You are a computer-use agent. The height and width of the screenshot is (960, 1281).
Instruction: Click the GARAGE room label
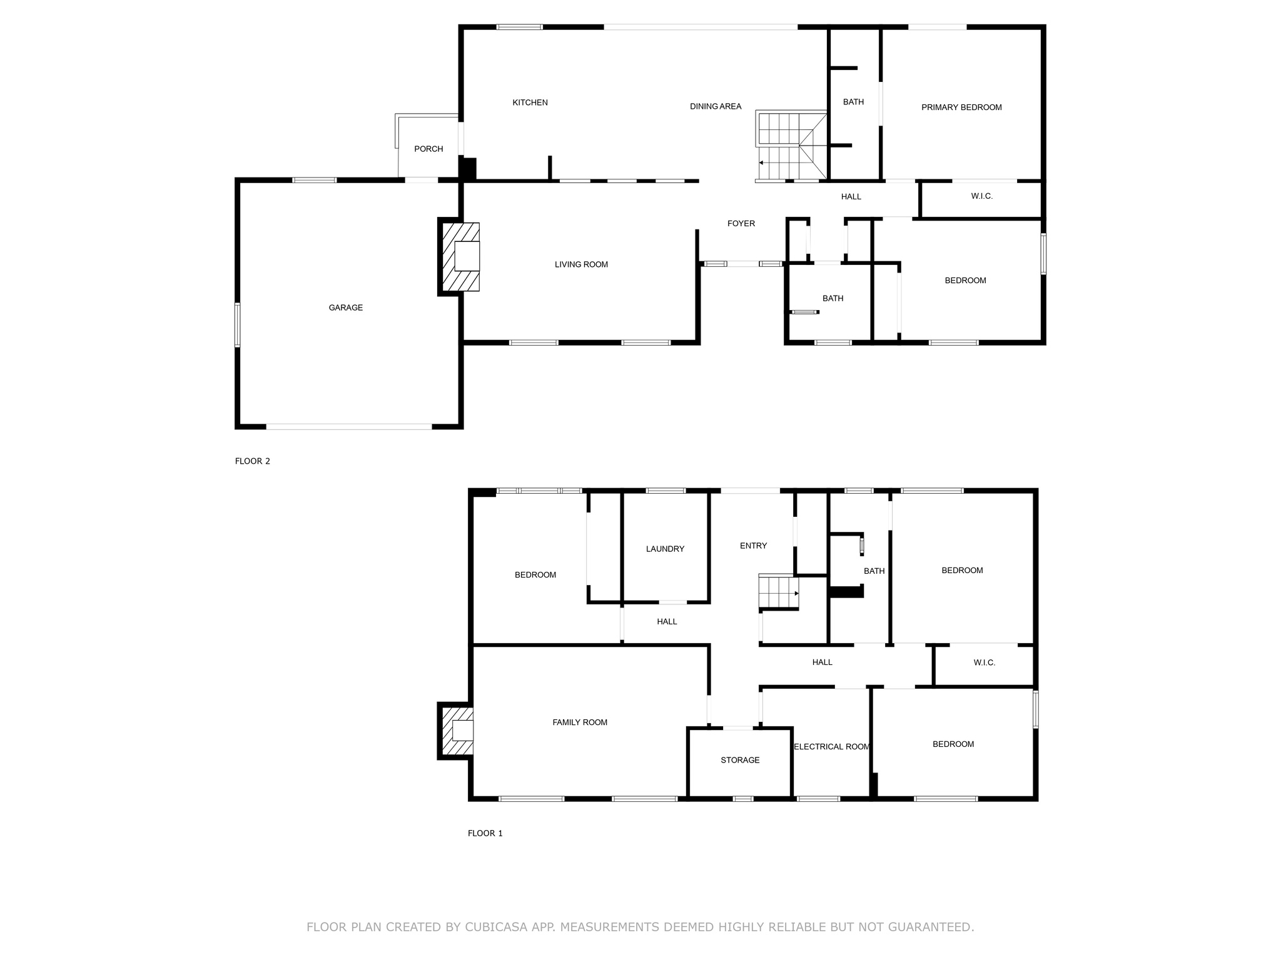tap(346, 307)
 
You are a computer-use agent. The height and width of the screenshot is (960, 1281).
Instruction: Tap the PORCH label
tap(428, 149)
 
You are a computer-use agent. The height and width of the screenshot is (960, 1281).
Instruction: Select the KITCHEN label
tap(530, 102)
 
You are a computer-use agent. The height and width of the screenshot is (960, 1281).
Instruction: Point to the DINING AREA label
tap(716, 106)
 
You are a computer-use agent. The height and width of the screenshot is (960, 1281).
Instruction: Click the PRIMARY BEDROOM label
tap(961, 107)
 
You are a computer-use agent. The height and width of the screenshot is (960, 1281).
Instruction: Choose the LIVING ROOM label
tap(581, 264)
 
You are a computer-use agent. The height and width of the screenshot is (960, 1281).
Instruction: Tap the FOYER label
tap(741, 223)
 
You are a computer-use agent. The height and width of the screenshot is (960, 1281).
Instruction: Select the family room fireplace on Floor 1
tap(455, 731)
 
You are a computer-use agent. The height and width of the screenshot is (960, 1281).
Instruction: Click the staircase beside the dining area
tap(791, 146)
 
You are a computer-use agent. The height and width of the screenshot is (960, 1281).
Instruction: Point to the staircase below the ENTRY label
tap(779, 591)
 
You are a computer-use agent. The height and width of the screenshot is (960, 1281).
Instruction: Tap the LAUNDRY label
tap(665, 549)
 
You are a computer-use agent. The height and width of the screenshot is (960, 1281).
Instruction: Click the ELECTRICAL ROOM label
tap(832, 747)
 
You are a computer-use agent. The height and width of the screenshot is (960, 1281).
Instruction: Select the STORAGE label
tap(740, 760)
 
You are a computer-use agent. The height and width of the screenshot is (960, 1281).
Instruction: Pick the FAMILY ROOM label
tap(580, 722)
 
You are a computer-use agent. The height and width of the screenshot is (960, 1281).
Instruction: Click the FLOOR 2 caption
tap(253, 461)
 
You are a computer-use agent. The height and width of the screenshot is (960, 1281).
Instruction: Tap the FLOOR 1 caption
tap(485, 833)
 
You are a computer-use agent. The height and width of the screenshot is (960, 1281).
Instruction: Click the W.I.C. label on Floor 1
tap(985, 662)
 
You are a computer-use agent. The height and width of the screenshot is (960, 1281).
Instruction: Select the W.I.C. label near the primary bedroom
tap(982, 196)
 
